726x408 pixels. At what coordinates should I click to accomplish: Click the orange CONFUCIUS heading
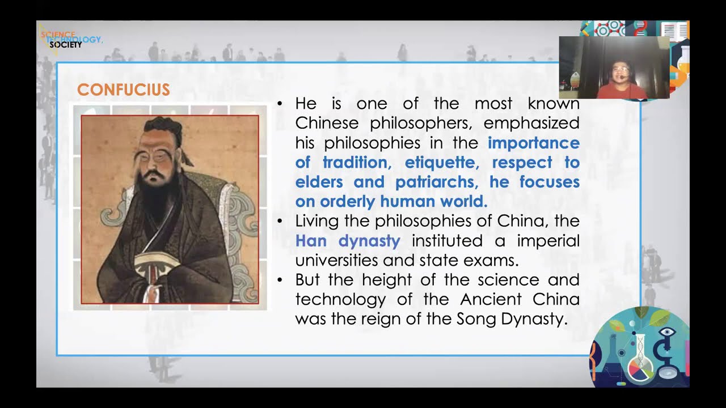tap(123, 90)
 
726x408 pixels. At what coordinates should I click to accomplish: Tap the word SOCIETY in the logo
tap(65, 45)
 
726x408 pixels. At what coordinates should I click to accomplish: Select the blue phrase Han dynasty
tap(348, 241)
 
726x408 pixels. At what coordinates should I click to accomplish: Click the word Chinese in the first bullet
tap(327, 123)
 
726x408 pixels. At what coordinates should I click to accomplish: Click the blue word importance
tap(533, 143)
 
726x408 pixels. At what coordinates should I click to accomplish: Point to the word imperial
tap(548, 241)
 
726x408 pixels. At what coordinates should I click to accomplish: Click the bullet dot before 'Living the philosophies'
tap(280, 221)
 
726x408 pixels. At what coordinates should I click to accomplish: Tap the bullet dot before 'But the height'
tap(280, 280)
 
